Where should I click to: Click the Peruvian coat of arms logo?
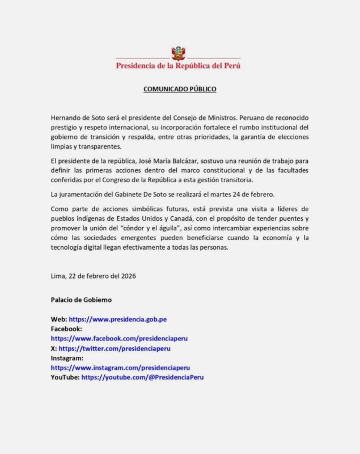pos(179,54)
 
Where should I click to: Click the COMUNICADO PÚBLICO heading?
pos(180,89)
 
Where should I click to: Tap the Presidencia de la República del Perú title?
pos(179,66)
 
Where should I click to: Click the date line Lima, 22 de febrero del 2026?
pos(93,276)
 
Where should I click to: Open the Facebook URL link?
pos(119,338)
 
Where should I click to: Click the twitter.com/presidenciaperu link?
pos(115,348)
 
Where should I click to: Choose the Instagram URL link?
pos(120,367)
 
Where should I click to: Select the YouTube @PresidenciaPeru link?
pos(142,377)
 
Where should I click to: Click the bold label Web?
pos(59,320)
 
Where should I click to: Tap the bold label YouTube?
pos(65,377)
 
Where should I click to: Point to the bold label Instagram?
pos(67,358)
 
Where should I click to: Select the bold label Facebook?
pos(66,329)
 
